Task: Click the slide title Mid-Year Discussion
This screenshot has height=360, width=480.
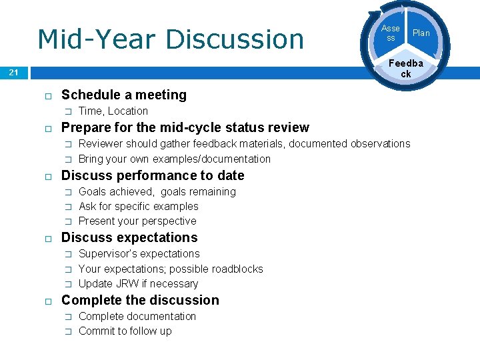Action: click(170, 39)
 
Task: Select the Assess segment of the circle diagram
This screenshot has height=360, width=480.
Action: click(390, 33)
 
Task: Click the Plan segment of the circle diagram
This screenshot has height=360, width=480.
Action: click(421, 33)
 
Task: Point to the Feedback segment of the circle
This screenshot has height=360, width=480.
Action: click(405, 68)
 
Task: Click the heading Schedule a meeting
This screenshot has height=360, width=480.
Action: click(123, 95)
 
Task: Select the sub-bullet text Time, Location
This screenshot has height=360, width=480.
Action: click(113, 111)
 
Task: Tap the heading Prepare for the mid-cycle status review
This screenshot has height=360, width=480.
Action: click(185, 127)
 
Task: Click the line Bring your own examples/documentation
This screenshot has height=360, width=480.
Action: click(174, 159)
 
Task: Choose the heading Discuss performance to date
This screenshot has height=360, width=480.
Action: click(152, 175)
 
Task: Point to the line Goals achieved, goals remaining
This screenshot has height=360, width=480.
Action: click(157, 191)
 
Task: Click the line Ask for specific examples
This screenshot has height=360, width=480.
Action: click(138, 206)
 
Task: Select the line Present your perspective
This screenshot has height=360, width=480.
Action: click(137, 221)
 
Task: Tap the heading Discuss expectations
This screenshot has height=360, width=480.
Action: click(129, 237)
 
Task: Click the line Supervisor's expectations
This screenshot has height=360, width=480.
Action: click(139, 253)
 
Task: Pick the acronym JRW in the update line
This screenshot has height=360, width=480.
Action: click(125, 283)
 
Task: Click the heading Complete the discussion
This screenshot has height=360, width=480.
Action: click(139, 300)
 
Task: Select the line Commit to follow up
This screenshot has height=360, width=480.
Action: click(125, 331)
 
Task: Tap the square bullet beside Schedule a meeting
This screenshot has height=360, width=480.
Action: click(48, 96)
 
